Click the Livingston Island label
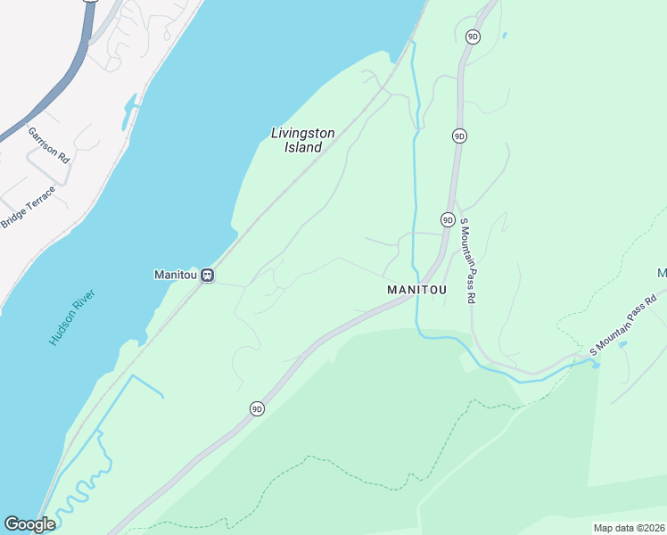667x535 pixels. (x=303, y=140)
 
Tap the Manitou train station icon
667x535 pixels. (x=207, y=275)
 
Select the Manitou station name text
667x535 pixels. (x=175, y=275)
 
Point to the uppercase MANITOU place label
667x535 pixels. (x=416, y=291)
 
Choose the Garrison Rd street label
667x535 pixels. (x=48, y=144)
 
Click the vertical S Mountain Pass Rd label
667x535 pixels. (x=465, y=261)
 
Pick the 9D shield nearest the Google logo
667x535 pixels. (x=257, y=409)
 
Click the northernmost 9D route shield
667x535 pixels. (x=473, y=37)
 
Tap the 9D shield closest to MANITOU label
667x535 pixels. (x=448, y=219)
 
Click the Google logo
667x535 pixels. (x=29, y=524)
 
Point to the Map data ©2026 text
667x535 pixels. (x=629, y=528)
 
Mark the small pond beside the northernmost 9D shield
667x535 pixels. (x=504, y=37)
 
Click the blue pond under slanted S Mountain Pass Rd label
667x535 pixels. (x=622, y=344)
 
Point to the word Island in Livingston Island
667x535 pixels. (x=303, y=148)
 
